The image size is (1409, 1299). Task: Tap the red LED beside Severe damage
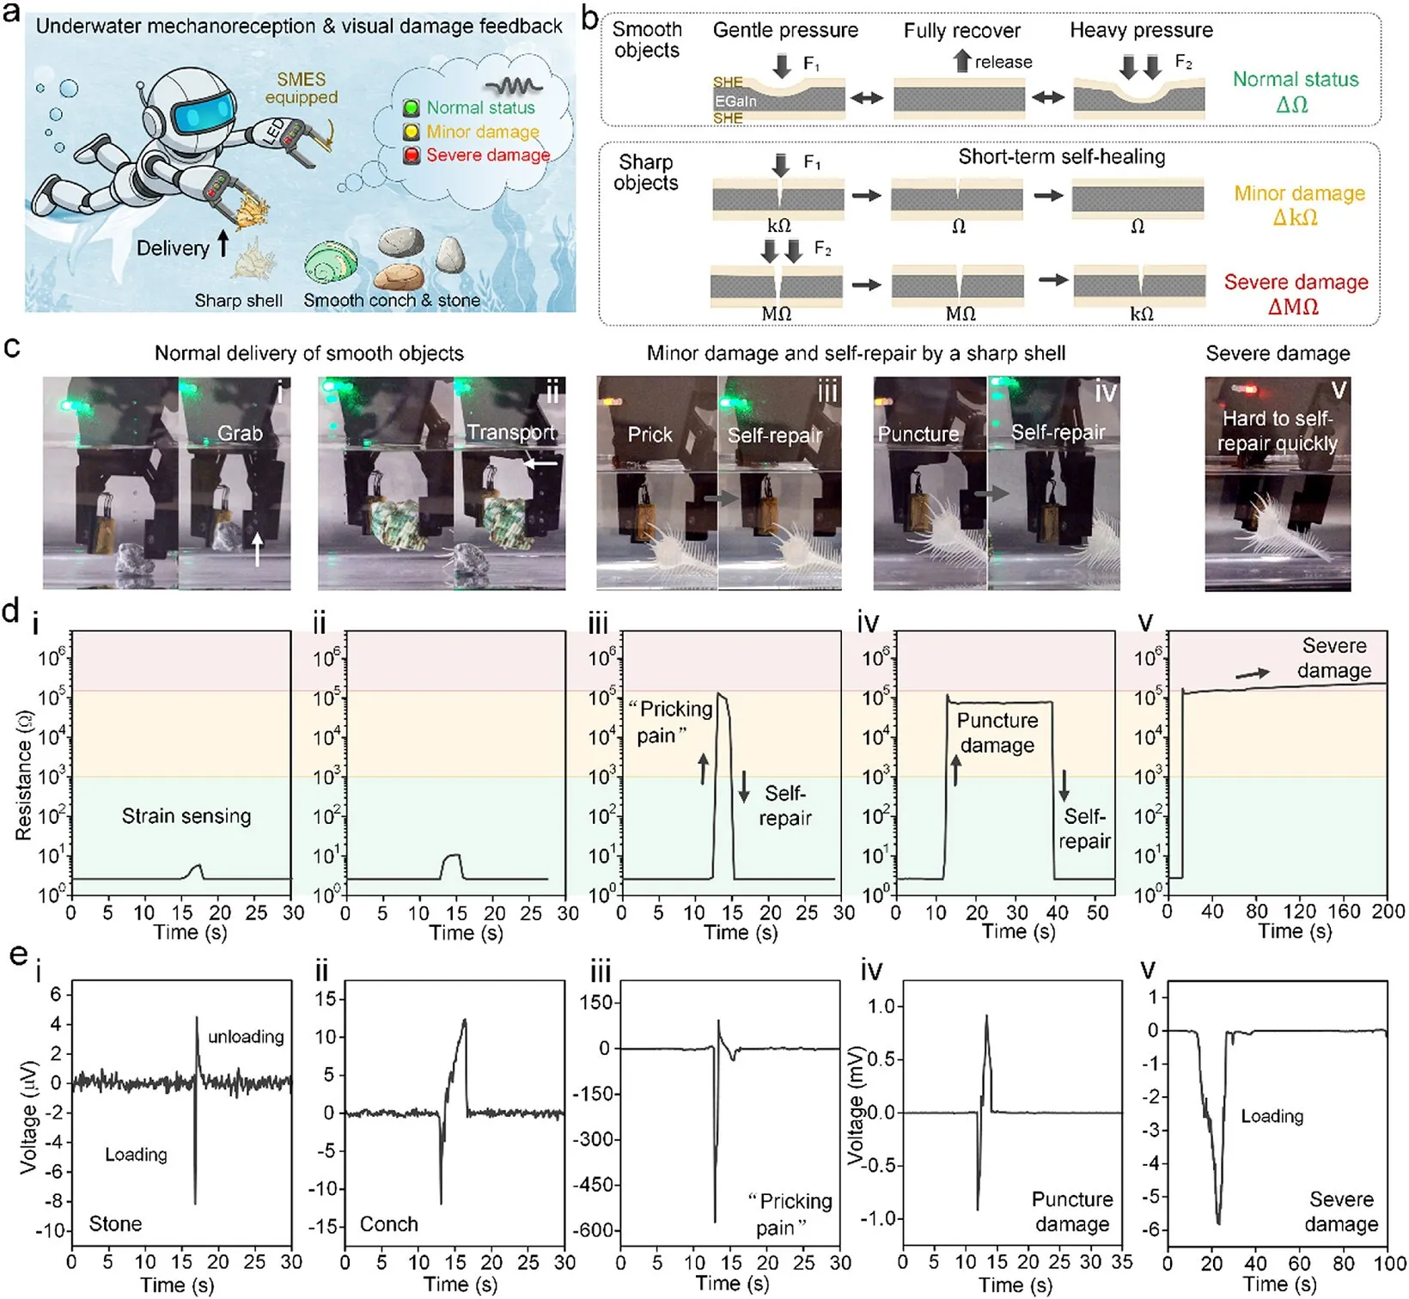click(x=412, y=156)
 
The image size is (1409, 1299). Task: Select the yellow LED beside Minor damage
click(x=412, y=131)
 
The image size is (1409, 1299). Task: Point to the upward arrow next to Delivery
click(x=223, y=243)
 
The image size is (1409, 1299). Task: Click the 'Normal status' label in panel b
click(x=1296, y=79)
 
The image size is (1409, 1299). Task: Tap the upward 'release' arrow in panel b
click(x=962, y=61)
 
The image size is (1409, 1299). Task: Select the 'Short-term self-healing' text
click(x=1062, y=156)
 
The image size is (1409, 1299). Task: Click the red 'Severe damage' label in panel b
click(x=1296, y=282)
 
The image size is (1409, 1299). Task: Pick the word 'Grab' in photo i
click(x=240, y=433)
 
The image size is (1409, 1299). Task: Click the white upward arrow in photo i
click(x=257, y=547)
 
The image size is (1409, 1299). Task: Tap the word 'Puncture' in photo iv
click(x=918, y=434)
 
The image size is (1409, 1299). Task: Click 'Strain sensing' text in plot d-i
click(x=186, y=816)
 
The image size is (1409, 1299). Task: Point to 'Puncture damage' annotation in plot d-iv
click(x=997, y=733)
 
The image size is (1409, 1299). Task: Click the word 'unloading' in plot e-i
click(x=246, y=1036)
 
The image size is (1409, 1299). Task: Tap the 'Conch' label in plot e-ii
click(x=388, y=1223)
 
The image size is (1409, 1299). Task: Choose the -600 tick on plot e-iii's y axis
click(x=593, y=1230)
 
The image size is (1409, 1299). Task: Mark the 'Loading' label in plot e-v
click(x=1272, y=1116)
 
